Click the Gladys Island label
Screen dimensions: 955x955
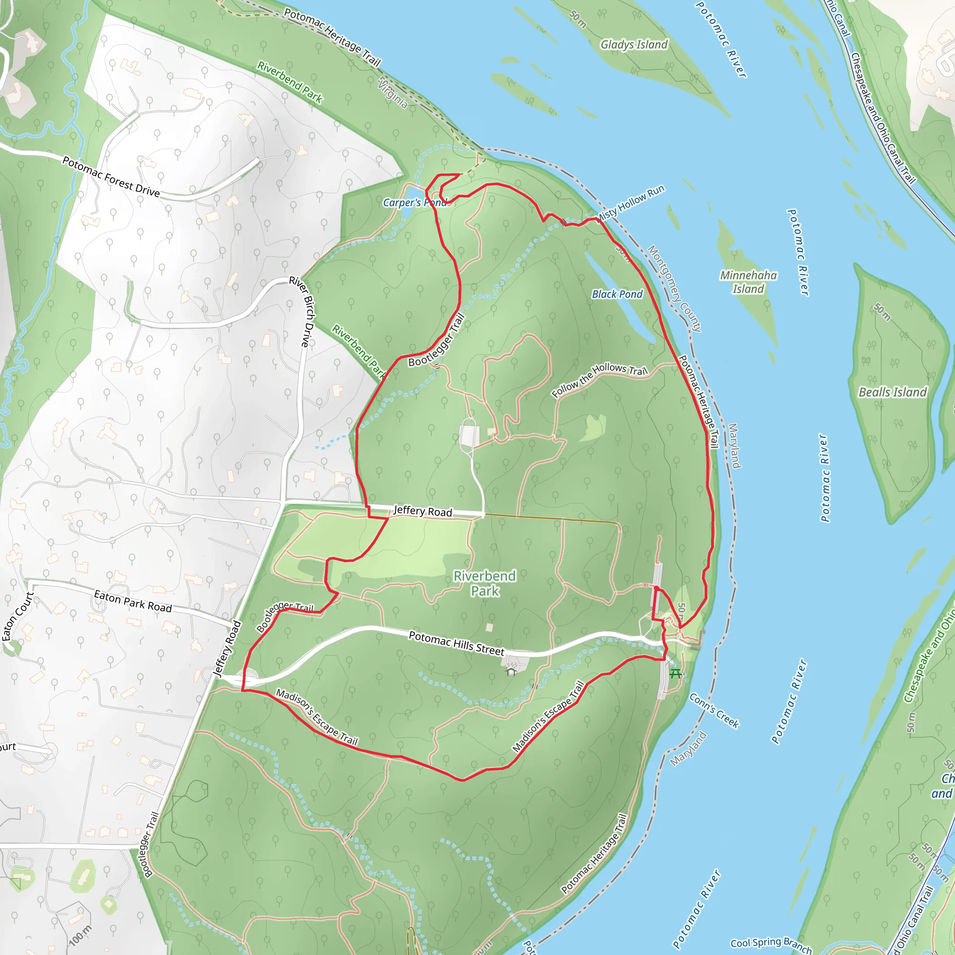634,45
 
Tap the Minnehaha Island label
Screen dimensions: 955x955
748,282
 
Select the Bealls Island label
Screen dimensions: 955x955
893,392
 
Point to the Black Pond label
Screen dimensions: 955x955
617,294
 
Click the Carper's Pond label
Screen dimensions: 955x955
414,203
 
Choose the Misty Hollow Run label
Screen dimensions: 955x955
631,203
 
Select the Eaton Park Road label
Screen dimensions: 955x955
133,601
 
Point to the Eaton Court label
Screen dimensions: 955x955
18,616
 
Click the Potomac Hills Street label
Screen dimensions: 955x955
456,643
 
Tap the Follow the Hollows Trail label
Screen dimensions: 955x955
600,380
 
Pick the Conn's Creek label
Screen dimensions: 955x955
714,711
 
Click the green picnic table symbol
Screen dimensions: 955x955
675,673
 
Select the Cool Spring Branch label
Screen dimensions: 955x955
771,945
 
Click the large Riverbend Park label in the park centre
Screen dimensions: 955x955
485,583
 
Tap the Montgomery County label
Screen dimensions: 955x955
674,288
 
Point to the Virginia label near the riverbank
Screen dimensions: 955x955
393,93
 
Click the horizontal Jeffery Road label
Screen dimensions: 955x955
422,511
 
